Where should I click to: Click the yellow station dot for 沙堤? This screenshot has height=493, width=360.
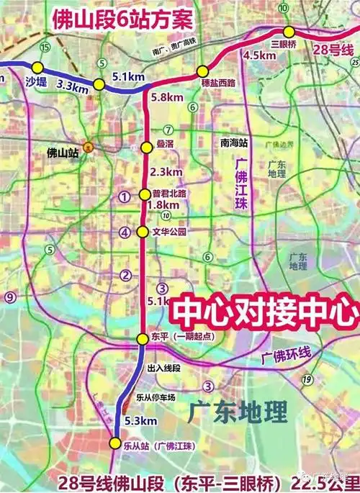[37, 68]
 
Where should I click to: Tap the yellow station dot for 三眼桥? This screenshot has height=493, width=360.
[289, 31]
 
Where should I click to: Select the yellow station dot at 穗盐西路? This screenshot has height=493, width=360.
[203, 71]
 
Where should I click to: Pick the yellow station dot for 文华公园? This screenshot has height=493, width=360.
[143, 232]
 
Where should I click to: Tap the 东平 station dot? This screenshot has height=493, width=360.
[143, 338]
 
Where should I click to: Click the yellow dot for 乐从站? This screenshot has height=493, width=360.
[115, 443]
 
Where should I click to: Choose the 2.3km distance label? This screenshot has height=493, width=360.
[168, 173]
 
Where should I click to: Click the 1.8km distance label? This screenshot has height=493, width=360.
[161, 205]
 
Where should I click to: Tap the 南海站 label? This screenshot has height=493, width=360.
[235, 143]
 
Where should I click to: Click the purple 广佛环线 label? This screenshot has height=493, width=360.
[285, 355]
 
